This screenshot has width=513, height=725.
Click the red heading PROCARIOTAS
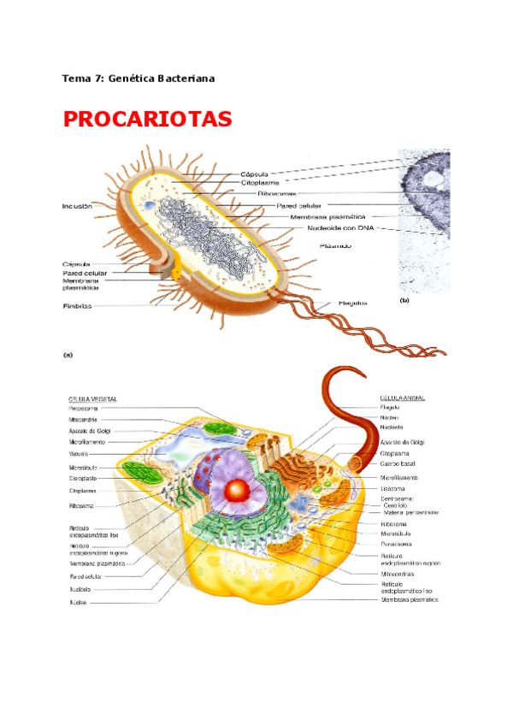[147, 119]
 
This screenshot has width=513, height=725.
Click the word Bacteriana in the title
[180, 79]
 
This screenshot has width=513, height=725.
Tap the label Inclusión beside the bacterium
[77, 206]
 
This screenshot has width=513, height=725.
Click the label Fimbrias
[78, 305]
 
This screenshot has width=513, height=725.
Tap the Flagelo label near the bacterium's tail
[351, 303]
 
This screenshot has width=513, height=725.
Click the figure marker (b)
[405, 301]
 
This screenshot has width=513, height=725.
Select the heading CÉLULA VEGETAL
[93, 398]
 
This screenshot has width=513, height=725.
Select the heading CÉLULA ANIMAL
[403, 398]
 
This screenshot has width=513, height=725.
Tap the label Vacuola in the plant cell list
[80, 455]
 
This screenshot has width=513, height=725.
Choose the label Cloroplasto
[84, 479]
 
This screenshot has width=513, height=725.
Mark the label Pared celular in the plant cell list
[86, 577]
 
